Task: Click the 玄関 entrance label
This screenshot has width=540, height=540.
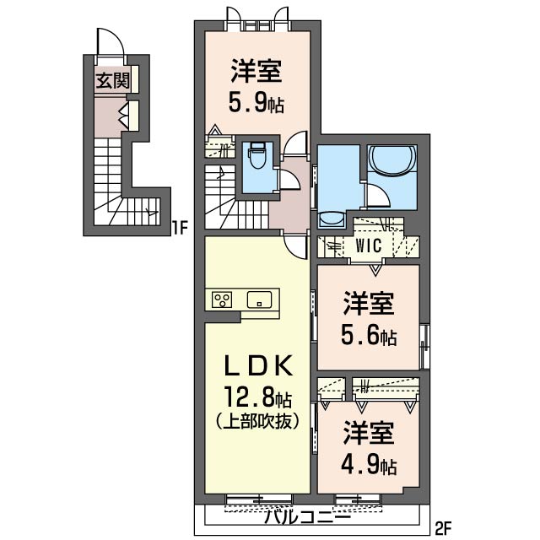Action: click(x=112, y=81)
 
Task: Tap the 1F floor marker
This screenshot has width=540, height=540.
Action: click(x=180, y=228)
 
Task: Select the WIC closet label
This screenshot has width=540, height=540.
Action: click(x=369, y=246)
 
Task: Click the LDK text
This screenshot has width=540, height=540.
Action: click(x=259, y=365)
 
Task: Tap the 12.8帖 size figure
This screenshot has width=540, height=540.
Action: click(x=258, y=398)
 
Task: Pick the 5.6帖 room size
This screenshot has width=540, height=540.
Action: click(x=369, y=335)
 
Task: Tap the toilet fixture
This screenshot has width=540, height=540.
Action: click(x=257, y=155)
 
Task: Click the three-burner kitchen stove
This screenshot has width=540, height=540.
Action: click(x=222, y=300)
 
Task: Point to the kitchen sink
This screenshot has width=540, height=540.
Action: click(x=259, y=300)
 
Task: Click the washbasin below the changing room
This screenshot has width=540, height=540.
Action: click(x=331, y=219)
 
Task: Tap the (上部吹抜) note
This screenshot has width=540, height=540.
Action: click(x=258, y=422)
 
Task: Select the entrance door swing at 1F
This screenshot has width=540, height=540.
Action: click(x=110, y=41)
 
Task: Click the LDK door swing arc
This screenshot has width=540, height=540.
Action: click(x=294, y=247)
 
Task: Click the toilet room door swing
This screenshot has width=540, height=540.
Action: click(x=290, y=180)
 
